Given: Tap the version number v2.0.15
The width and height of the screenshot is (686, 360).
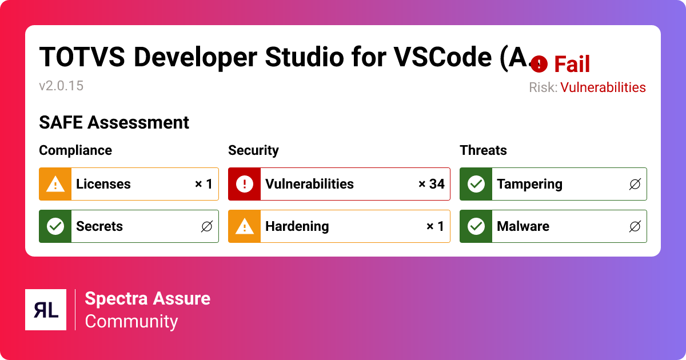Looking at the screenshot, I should point(61,86).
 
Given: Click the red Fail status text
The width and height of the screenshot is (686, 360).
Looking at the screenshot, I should point(572,65).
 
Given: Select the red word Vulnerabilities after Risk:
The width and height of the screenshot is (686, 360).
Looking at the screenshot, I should point(603,87).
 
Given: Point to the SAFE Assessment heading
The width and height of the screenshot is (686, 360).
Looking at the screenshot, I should point(114,122).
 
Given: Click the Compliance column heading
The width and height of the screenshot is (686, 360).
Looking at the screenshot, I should point(75,150).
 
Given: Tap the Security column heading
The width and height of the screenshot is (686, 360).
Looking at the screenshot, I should point(253,150).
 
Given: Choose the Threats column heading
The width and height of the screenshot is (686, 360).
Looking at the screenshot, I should point(483,150).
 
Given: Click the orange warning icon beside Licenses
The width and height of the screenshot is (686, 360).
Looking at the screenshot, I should point(55,184).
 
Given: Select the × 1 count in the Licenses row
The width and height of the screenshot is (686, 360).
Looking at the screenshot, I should point(204,184).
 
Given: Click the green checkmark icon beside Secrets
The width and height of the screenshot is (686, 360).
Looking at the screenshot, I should point(55,226).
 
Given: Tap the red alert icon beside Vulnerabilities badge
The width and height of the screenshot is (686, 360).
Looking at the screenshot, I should point(245,184).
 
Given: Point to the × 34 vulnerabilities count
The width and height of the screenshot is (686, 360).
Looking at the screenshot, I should point(431,184).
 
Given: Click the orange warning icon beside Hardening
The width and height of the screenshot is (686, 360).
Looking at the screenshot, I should point(245,226).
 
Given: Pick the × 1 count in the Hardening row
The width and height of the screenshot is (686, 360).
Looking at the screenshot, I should point(435,226).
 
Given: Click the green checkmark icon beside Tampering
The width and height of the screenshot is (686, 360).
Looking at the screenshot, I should point(476,184).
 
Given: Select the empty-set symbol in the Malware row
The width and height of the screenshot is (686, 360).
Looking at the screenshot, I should point(635,226).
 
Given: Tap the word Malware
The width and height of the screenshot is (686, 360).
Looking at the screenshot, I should point(523,226).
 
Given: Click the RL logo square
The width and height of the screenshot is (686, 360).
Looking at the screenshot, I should point(46,310).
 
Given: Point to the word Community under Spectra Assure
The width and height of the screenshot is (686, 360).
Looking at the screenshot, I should point(131,321).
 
